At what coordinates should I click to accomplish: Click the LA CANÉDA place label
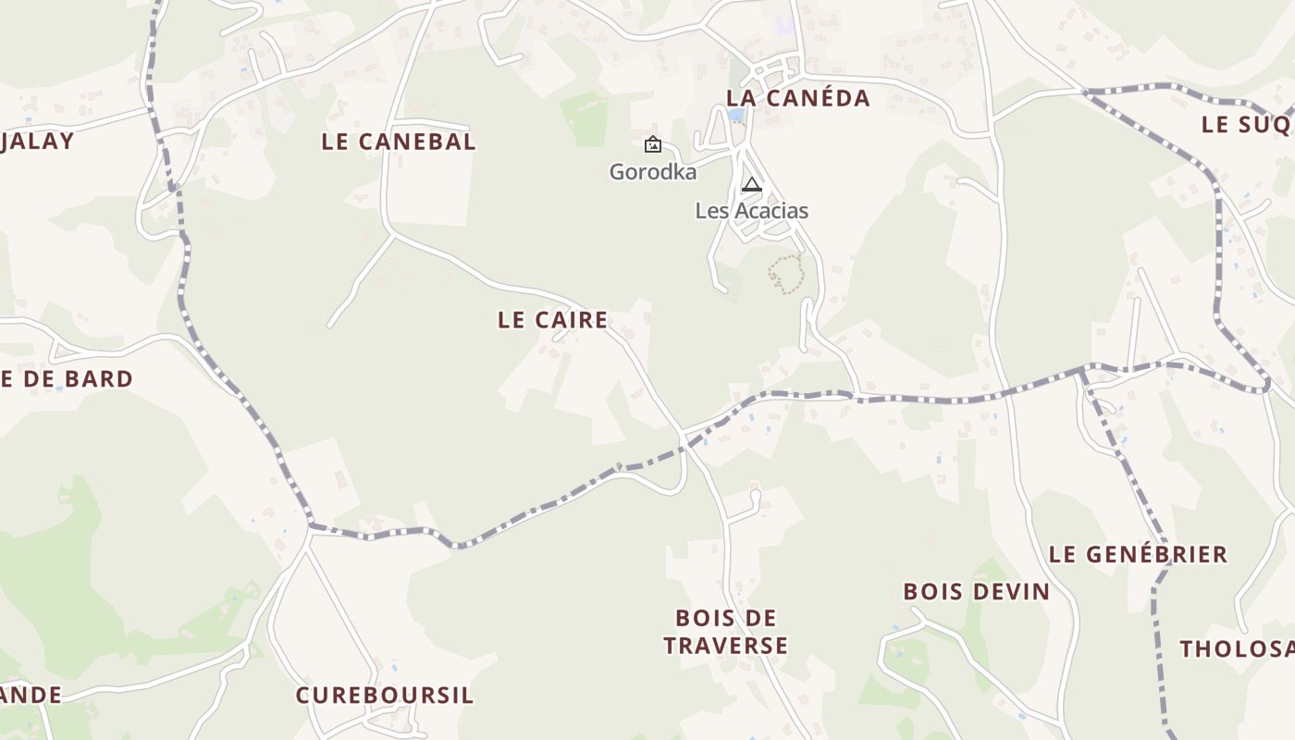click(x=797, y=98)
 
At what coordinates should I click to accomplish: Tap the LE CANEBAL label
click(x=399, y=142)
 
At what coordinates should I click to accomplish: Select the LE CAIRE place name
click(x=552, y=320)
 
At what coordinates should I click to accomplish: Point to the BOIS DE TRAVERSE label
click(x=725, y=632)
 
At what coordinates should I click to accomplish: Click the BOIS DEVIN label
click(x=976, y=592)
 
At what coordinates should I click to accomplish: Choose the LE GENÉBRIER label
click(x=1138, y=554)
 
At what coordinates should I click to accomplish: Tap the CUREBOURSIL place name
click(x=384, y=696)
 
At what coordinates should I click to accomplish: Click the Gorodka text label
click(x=652, y=172)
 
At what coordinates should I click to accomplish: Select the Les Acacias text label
click(x=751, y=211)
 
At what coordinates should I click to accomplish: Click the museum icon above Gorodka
click(x=652, y=143)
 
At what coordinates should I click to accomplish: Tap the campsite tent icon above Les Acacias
click(x=751, y=184)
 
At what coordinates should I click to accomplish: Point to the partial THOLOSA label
click(x=1237, y=649)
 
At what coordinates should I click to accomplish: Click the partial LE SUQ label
click(x=1247, y=125)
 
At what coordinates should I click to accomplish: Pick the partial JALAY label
click(x=37, y=142)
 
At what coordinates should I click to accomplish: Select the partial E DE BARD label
click(x=67, y=379)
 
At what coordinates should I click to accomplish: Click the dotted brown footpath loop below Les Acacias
click(x=785, y=275)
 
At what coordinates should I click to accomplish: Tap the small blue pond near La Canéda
click(x=735, y=116)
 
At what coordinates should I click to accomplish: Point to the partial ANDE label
click(x=31, y=695)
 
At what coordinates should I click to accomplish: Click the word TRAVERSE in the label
click(x=725, y=646)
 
